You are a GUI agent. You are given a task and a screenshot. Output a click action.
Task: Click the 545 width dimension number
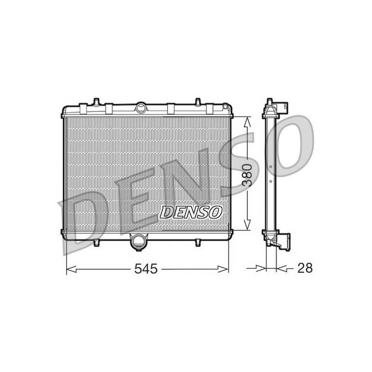146,269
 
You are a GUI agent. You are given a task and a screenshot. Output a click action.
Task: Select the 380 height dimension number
247,175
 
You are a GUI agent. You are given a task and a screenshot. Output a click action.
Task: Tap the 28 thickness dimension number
305,268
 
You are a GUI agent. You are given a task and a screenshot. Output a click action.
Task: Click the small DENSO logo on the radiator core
191,212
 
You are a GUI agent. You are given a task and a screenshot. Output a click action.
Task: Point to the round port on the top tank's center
141,108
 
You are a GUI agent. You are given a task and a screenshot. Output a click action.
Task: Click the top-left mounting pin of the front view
96,102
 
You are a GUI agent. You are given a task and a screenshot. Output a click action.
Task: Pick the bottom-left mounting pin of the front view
96,242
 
